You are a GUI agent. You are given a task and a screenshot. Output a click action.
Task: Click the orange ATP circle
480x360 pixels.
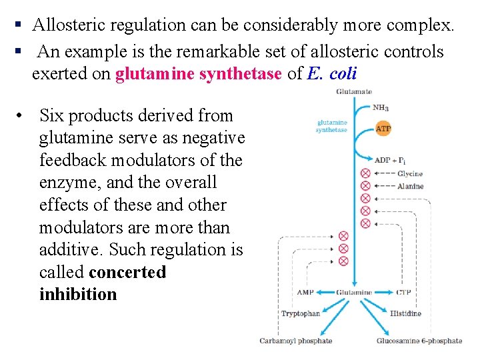pyautogui.click(x=383, y=128)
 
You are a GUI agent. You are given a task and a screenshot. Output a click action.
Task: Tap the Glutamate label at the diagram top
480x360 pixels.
pyautogui.click(x=353, y=91)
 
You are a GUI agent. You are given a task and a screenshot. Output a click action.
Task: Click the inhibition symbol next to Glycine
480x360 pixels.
pyautogui.click(x=365, y=173)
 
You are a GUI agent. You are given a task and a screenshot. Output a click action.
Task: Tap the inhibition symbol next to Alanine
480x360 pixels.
pyautogui.click(x=365, y=186)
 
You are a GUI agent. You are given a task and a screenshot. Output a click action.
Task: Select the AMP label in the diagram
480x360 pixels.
pyautogui.click(x=305, y=293)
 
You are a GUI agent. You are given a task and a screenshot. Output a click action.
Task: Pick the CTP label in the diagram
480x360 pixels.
pyautogui.click(x=404, y=293)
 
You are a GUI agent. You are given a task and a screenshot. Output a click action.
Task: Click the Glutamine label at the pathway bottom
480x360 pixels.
pyautogui.click(x=353, y=293)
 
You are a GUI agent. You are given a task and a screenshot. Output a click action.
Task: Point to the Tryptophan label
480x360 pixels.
pyautogui.click(x=301, y=313)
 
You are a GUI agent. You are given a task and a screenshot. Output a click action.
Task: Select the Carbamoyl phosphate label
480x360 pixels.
pyautogui.click(x=295, y=341)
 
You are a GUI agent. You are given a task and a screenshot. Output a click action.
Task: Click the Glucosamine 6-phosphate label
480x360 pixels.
pyautogui.click(x=419, y=341)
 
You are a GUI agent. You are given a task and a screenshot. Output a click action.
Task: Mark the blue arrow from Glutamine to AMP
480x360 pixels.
pyautogui.click(x=325, y=293)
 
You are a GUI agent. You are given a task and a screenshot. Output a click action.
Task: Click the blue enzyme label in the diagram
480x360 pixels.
pyautogui.click(x=331, y=126)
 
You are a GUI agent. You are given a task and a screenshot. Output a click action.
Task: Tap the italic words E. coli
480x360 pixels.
pyautogui.click(x=332, y=73)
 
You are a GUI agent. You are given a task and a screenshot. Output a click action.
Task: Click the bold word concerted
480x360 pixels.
pyautogui.click(x=127, y=272)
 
